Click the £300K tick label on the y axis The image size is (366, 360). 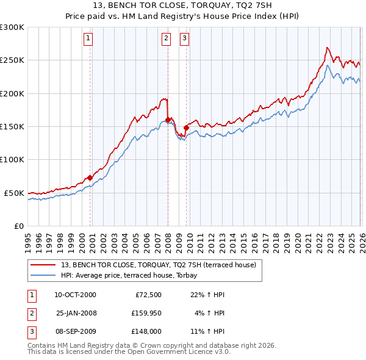(x=12, y=27)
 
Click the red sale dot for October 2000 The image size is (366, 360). (x=90, y=178)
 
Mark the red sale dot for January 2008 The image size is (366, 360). (x=168, y=120)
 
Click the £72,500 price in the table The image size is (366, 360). (x=146, y=295)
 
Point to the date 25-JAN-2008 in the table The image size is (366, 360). (x=76, y=313)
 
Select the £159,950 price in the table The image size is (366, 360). (x=145, y=313)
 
